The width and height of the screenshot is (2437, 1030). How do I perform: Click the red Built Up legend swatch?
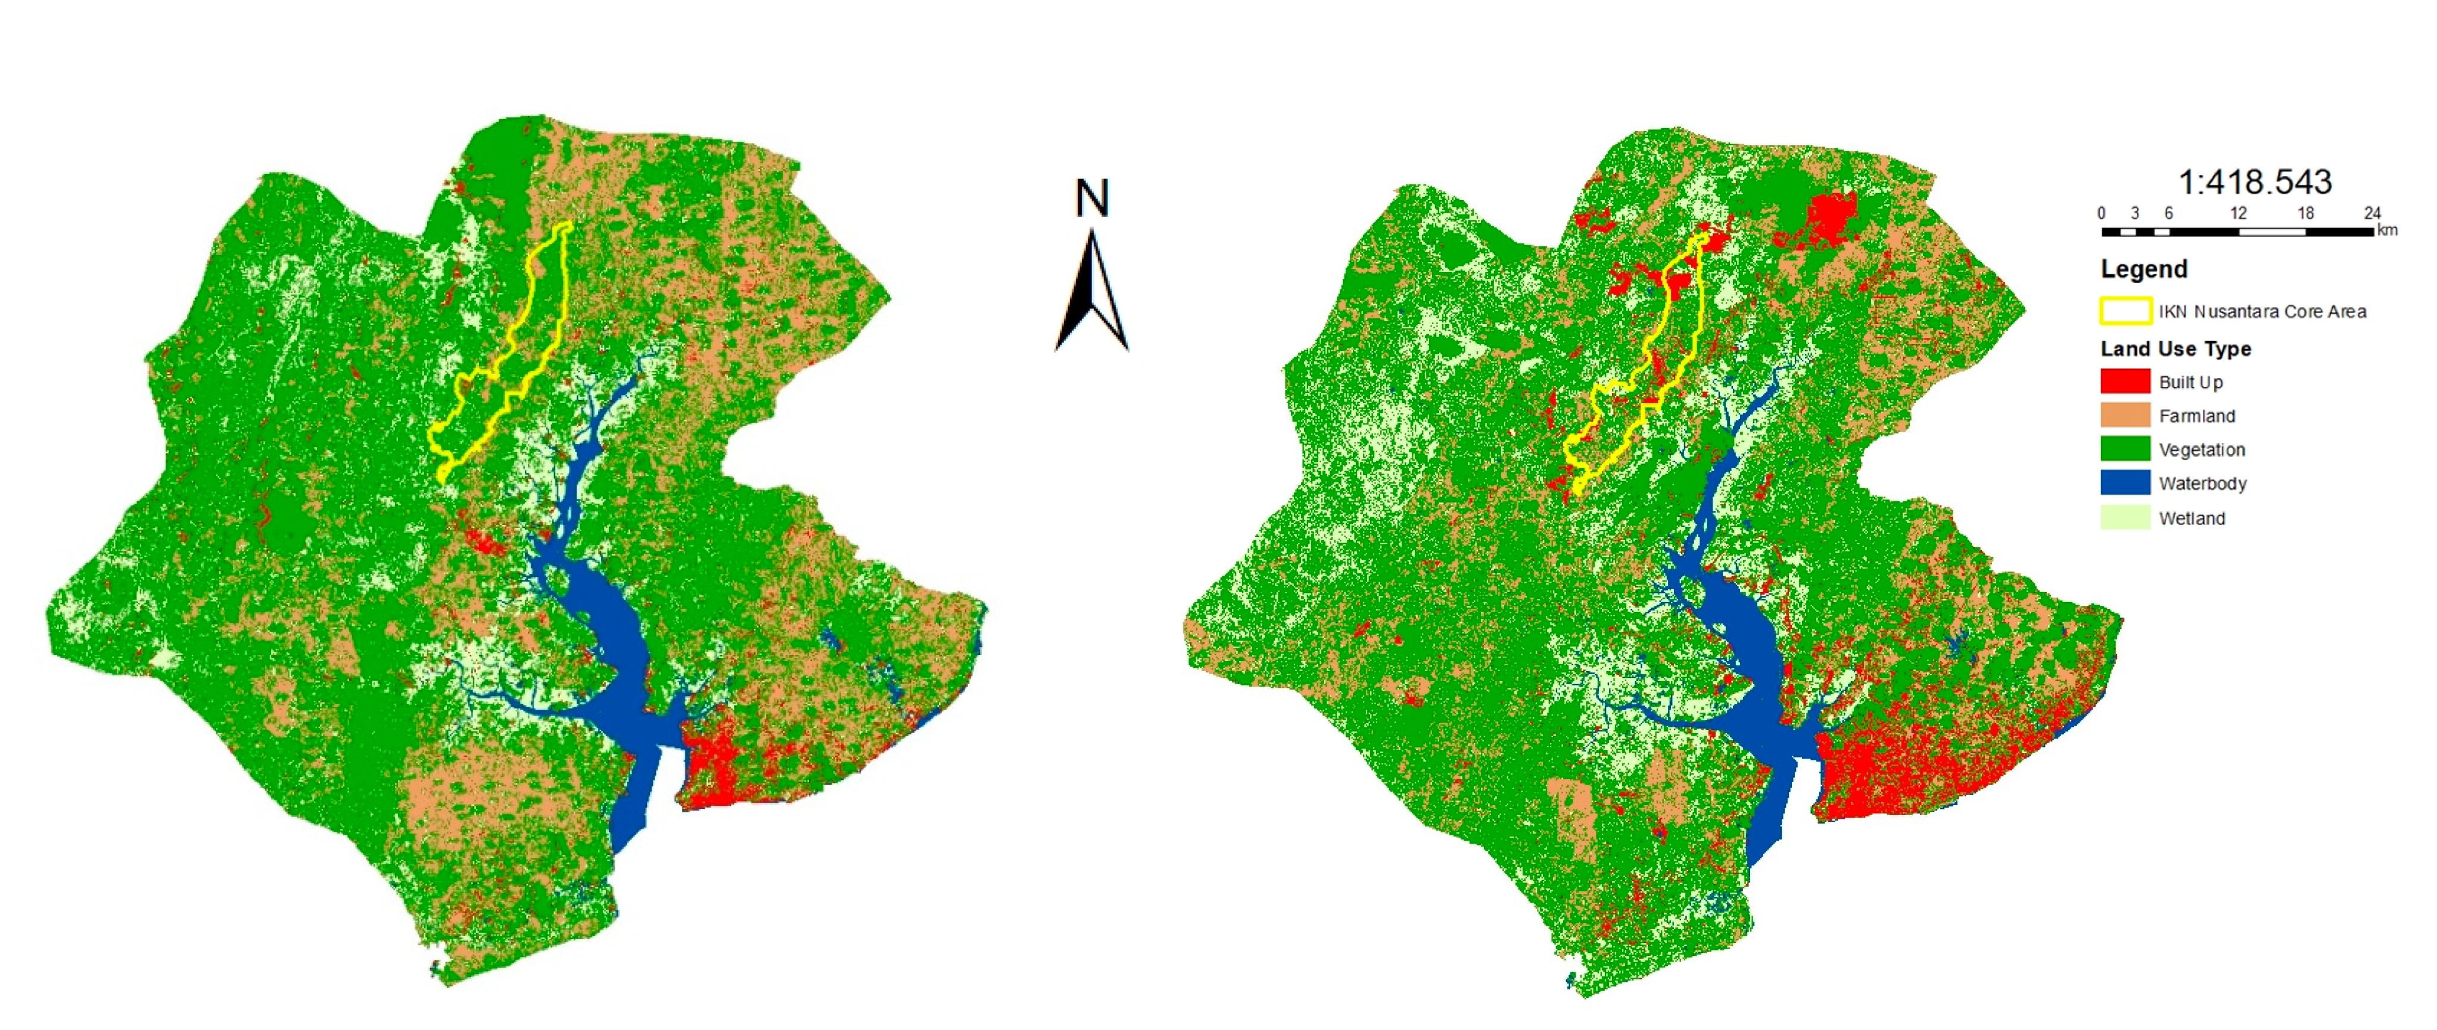click(2125, 381)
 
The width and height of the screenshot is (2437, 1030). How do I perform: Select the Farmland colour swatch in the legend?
click(2125, 415)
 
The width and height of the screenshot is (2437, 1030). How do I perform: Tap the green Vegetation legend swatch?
click(2125, 450)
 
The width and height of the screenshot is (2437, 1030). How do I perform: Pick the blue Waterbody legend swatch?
click(2125, 483)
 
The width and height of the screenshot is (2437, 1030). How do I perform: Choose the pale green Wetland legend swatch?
click(2125, 517)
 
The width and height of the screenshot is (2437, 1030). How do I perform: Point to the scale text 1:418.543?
click(2254, 182)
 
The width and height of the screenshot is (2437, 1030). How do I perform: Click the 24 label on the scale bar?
click(2371, 213)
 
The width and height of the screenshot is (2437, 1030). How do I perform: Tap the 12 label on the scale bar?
click(2237, 213)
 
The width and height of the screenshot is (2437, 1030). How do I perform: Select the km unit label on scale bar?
click(2387, 230)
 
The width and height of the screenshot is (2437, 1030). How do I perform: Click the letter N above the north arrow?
click(1092, 199)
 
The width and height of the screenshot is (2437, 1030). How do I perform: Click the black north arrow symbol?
click(1092, 298)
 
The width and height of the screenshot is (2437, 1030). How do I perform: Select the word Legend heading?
click(2144, 270)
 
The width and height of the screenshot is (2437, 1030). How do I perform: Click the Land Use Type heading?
click(2175, 349)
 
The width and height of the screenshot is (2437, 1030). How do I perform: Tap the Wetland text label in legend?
click(2191, 519)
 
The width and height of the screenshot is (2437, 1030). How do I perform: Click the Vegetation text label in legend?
click(2202, 450)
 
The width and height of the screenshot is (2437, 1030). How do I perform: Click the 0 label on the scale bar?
click(2101, 213)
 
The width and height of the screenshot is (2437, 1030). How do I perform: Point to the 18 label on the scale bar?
click(2305, 213)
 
